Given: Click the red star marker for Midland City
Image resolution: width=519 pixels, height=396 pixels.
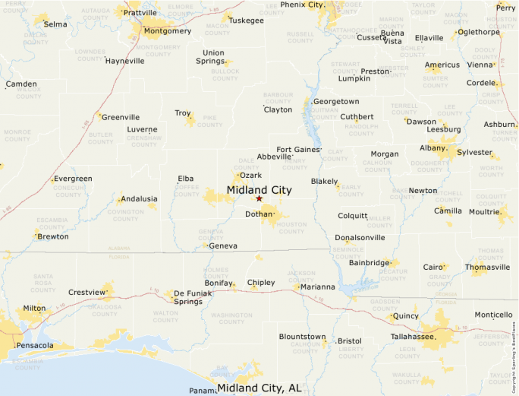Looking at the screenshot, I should (259, 198).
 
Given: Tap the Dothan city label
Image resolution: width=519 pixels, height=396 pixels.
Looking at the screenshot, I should (259, 215).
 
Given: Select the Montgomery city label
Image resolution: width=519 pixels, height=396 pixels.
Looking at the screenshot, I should (167, 31).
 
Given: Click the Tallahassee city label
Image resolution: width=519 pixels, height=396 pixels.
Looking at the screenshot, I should (413, 336).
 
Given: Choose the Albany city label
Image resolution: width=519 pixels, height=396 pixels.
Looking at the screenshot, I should (432, 148).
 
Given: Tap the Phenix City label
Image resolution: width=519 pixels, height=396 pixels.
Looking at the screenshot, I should (302, 5).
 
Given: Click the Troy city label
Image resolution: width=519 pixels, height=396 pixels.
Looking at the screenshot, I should (183, 113).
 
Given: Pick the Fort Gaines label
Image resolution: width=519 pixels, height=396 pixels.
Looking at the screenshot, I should (298, 150).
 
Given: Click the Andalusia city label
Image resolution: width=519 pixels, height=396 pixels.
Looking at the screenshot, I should (139, 198).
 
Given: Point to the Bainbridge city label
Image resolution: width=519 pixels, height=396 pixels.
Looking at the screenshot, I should (370, 263).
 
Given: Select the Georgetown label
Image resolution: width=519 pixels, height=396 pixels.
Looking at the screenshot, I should (336, 101).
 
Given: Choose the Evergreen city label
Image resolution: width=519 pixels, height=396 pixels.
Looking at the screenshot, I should (72, 179).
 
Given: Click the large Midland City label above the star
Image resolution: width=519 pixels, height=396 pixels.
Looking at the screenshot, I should (259, 189).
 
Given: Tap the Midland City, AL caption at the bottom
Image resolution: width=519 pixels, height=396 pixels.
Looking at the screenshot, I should (259, 388).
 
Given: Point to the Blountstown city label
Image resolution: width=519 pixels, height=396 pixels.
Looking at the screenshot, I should (302, 337).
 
